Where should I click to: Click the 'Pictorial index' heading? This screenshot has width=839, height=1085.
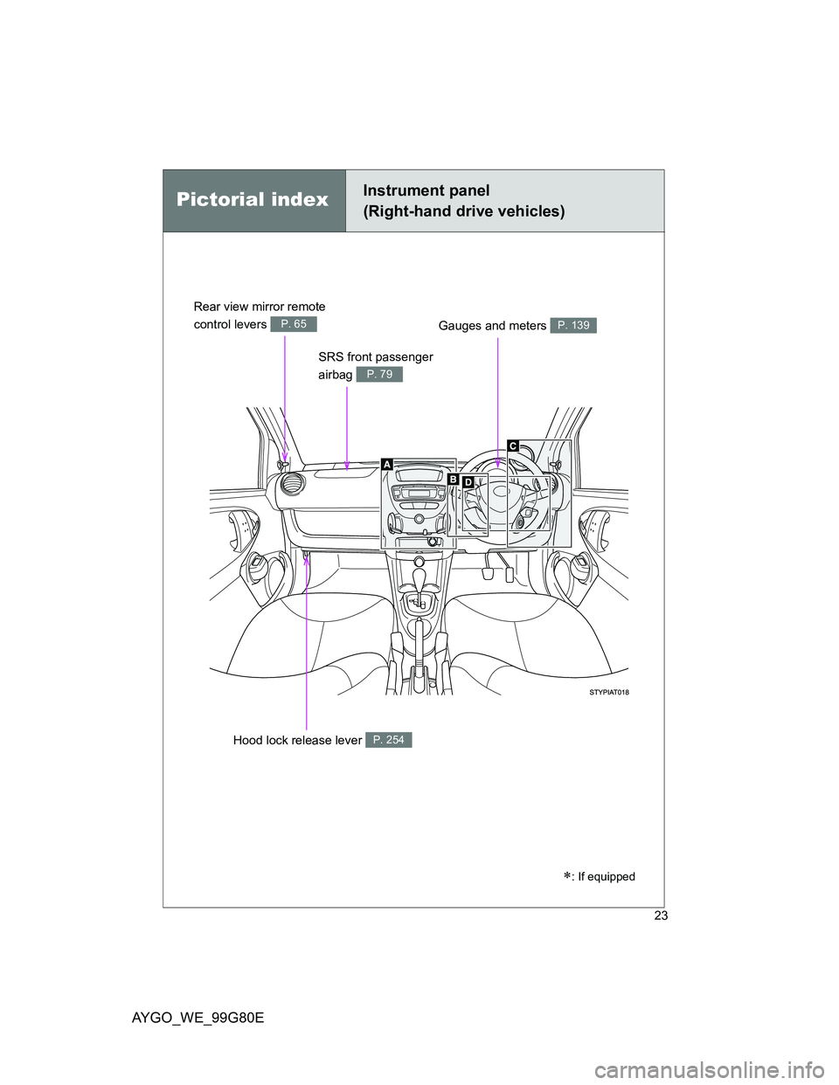252,200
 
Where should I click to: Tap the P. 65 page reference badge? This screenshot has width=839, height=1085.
294,324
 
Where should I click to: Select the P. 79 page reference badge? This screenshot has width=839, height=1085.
379,374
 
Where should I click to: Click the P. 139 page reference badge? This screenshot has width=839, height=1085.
573,325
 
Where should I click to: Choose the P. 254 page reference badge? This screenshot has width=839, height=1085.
388,740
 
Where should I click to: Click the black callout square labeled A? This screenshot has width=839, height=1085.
386,466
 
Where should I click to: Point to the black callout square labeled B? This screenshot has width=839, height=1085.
454,480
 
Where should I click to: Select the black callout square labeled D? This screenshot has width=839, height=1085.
468,482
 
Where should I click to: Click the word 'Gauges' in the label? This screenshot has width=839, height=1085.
459,326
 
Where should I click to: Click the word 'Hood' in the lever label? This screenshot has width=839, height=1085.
248,741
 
